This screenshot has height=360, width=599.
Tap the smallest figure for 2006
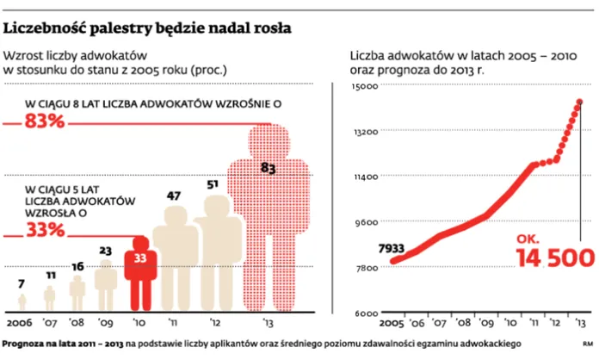pos(22,301)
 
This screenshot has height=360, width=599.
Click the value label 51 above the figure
pos(213,184)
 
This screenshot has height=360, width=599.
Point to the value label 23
pos(106,251)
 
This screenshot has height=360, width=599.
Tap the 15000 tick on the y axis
pos(366,87)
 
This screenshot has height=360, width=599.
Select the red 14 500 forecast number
pos(554,257)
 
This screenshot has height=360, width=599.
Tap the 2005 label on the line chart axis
pos(392,325)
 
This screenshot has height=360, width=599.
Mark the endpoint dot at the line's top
pos(579,102)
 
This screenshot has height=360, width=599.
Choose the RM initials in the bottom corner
pos(587,345)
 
